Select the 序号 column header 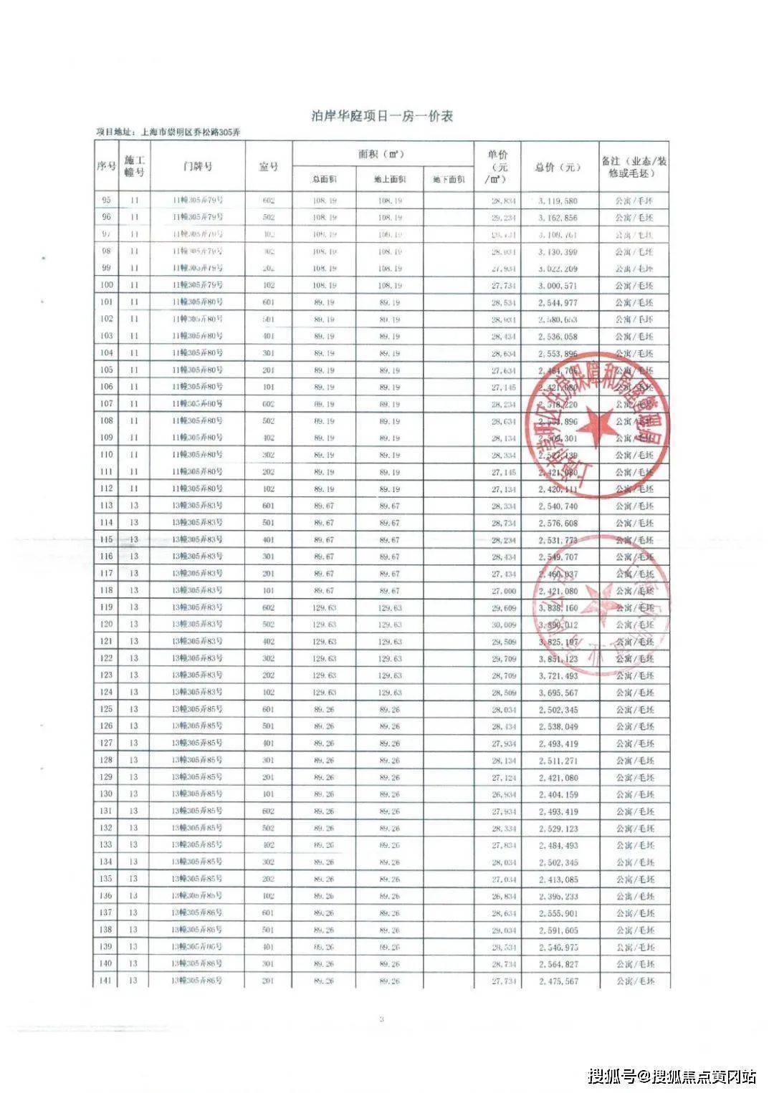point(106,166)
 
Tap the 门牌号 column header point(197,166)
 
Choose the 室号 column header point(268,166)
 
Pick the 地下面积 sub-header point(449,180)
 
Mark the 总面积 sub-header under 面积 point(324,180)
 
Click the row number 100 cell point(106,285)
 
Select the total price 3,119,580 point(558,201)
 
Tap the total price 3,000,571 point(558,286)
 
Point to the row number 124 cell point(106,693)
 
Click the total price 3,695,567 point(558,693)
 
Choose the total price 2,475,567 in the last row point(558,981)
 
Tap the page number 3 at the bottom point(382,1019)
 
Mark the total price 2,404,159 point(558,794)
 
